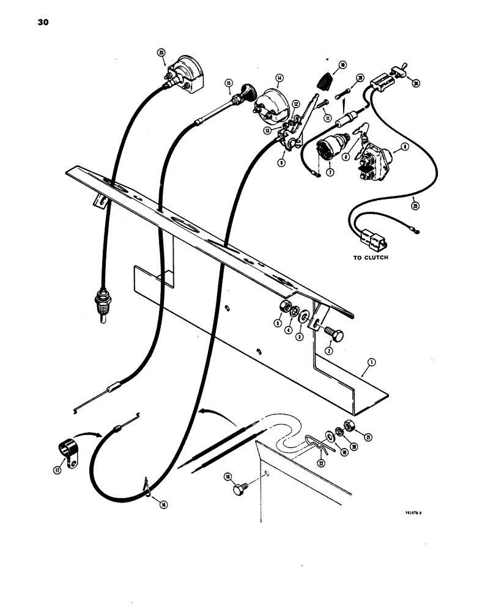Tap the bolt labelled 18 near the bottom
click(239, 491)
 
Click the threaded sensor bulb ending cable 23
click(97, 302)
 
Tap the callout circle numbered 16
click(162, 503)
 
